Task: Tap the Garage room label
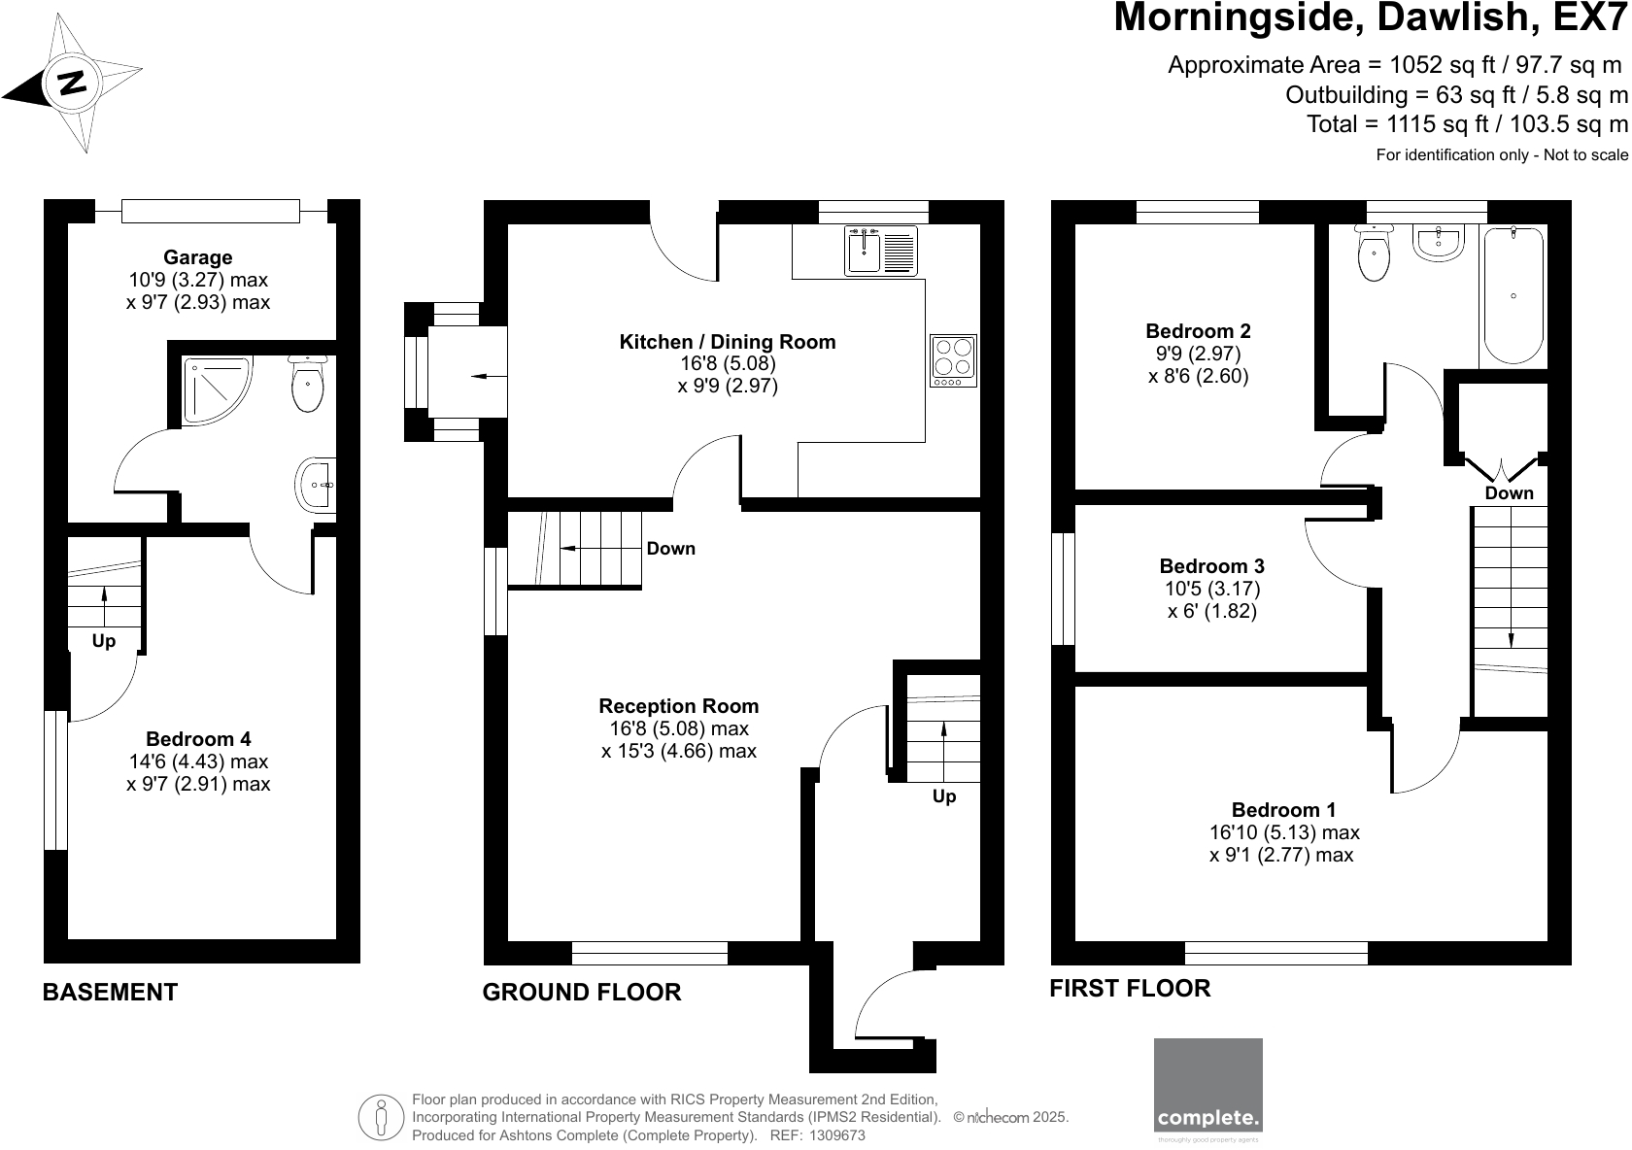click(x=197, y=257)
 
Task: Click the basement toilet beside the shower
click(x=308, y=385)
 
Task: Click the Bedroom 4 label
click(x=197, y=739)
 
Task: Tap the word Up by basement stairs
click(x=104, y=641)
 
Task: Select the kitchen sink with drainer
click(x=880, y=250)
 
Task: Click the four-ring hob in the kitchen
click(x=953, y=360)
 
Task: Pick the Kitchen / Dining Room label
click(x=728, y=342)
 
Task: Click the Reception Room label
click(x=678, y=706)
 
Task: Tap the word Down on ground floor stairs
click(x=670, y=549)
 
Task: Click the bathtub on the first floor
click(x=1513, y=295)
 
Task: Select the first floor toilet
click(x=1374, y=253)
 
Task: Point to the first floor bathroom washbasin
click(x=1440, y=243)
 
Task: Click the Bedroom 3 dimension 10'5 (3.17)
click(x=1211, y=589)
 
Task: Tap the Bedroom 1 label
click(x=1283, y=810)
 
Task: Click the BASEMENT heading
click(x=110, y=992)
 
